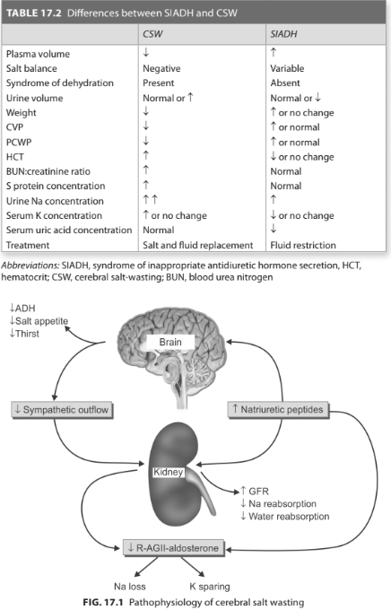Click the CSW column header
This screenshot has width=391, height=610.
point(152,34)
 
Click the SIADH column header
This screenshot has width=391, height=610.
point(283,34)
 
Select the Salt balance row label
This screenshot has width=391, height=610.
point(31,68)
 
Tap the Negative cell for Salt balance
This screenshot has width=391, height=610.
point(161,68)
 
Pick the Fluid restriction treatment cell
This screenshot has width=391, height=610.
point(303,245)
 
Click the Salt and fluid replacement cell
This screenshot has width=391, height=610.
point(197,245)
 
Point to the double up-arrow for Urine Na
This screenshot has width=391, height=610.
point(150,199)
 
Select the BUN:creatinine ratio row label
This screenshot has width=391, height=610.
point(48,171)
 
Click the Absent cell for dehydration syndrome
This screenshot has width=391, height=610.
point(285,83)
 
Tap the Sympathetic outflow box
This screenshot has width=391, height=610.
point(62,410)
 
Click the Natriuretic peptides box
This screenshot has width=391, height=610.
point(278,410)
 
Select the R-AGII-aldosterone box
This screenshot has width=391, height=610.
point(173,548)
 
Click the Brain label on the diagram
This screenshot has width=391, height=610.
point(170,342)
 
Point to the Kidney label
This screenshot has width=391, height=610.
point(168,472)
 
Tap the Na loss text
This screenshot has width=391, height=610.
point(129,587)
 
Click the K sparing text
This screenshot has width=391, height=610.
point(210,587)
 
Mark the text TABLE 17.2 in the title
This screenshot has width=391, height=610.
point(34,13)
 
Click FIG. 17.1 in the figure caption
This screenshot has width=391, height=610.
point(103,602)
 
